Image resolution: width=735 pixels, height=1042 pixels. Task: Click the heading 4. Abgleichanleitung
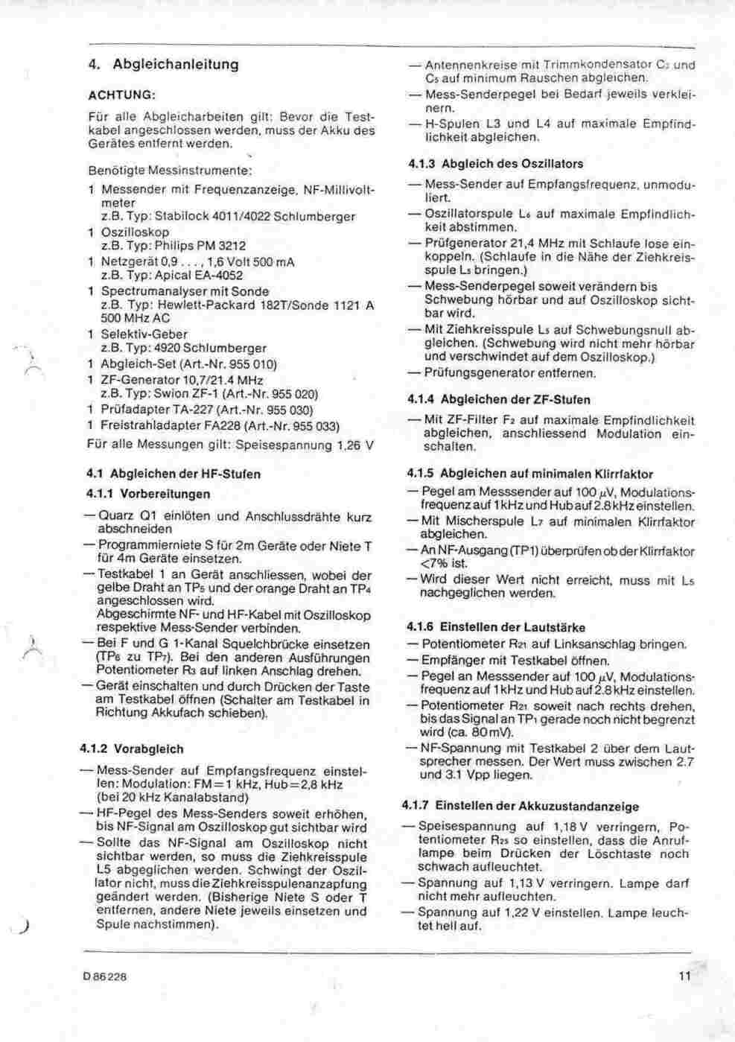coord(164,65)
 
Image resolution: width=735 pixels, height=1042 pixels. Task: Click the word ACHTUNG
coord(121,95)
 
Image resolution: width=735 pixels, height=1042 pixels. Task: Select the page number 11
coord(685,976)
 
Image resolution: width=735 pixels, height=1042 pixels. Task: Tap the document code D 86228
coord(105,976)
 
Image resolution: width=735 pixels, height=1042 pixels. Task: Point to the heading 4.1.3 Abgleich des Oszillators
coord(495,164)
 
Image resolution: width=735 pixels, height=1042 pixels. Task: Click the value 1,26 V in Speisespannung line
coord(354,445)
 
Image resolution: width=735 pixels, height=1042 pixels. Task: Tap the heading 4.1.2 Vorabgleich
coord(131,749)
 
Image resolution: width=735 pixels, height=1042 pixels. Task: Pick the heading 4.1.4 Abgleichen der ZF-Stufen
coord(499,399)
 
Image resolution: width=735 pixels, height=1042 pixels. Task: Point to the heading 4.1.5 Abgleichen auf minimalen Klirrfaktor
coord(529,474)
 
